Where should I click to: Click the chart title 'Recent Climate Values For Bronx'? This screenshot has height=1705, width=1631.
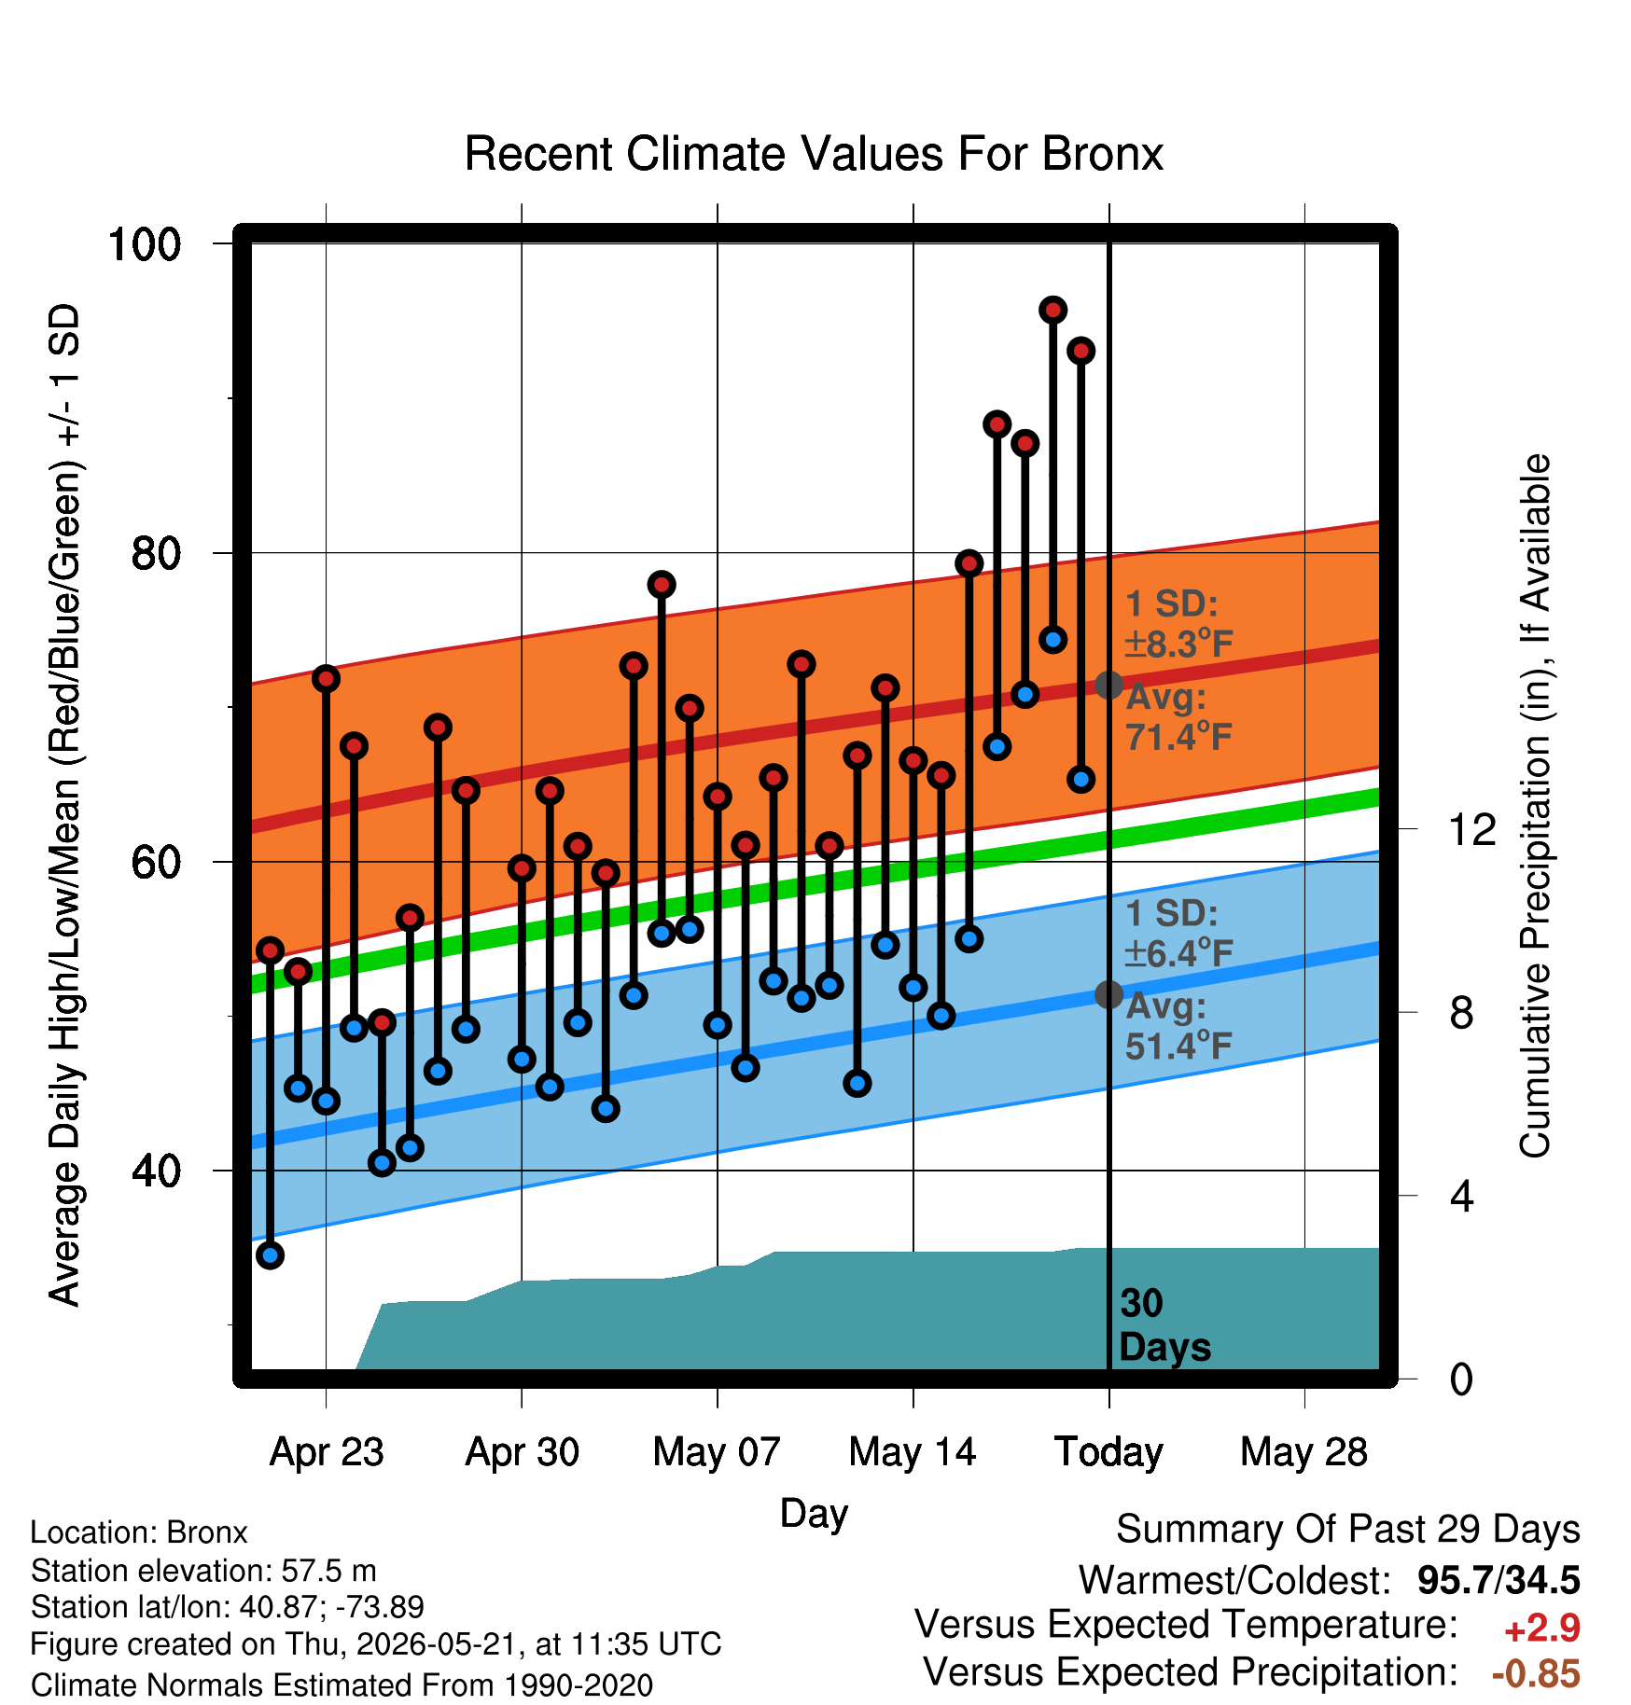[x=814, y=154]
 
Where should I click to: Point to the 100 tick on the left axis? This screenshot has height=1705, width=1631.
[x=144, y=244]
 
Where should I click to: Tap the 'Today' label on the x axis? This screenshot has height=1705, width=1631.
[x=1108, y=1452]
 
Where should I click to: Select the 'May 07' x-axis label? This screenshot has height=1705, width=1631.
[x=717, y=1452]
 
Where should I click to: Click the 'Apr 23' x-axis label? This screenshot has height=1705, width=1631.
[x=327, y=1452]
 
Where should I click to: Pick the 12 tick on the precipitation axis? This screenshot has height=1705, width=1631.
[x=1471, y=829]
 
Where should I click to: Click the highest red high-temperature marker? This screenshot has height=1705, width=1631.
[x=1053, y=310]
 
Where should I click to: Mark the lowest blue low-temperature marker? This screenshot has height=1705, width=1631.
[x=270, y=1255]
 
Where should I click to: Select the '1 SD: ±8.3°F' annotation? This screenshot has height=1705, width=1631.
[x=1179, y=624]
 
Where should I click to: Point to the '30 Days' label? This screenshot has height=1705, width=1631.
[x=1164, y=1325]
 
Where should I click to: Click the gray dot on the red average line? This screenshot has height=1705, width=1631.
[x=1108, y=685]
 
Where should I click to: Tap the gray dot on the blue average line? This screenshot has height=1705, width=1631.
[x=1108, y=994]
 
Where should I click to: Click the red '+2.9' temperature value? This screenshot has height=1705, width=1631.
[x=1542, y=1629]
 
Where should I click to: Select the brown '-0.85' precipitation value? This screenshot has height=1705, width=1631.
[x=1536, y=1674]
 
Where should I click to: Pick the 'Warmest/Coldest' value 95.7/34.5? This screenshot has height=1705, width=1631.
[x=1499, y=1580]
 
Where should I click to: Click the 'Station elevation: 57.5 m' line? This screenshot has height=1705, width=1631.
[x=203, y=1571]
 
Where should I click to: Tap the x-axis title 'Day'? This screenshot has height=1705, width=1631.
[x=814, y=1513]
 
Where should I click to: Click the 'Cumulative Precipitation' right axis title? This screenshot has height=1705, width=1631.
[x=1535, y=806]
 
